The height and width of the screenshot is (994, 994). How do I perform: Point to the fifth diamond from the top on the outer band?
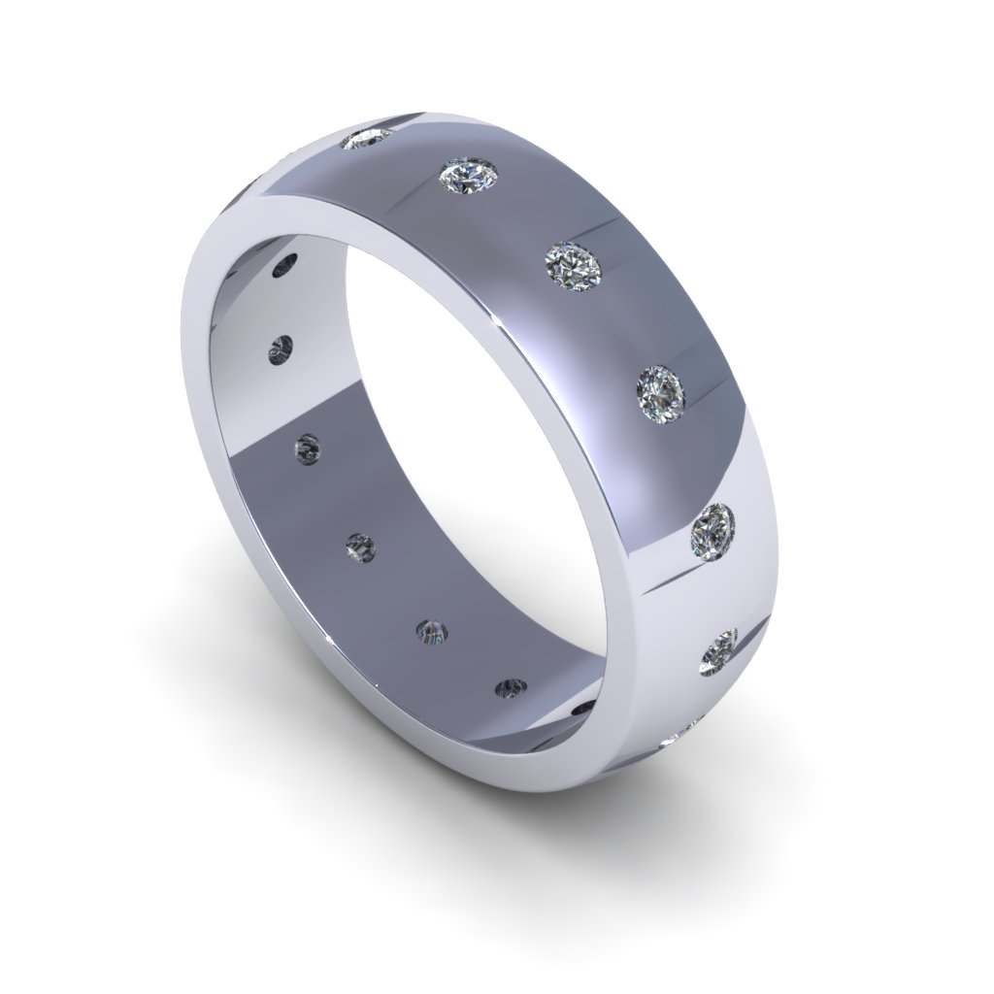click(712, 530)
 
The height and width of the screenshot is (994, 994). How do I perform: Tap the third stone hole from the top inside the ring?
click(308, 447)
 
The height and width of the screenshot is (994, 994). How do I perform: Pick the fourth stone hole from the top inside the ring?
click(360, 547)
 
